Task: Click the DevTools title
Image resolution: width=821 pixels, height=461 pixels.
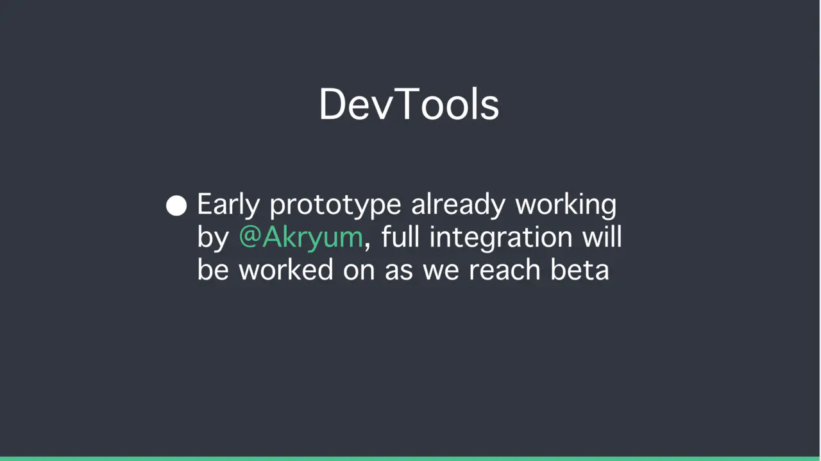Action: click(x=409, y=104)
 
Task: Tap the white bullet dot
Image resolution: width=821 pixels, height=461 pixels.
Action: click(x=176, y=205)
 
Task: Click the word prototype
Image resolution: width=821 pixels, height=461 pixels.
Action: click(x=335, y=206)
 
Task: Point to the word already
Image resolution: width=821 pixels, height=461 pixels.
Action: click(x=458, y=205)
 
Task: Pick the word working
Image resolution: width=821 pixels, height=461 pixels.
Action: click(x=566, y=205)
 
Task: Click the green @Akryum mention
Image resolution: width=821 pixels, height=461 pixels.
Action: click(x=301, y=238)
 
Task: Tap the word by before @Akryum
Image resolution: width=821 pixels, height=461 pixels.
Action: click(x=213, y=238)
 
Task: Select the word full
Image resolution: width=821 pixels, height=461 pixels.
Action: click(x=400, y=237)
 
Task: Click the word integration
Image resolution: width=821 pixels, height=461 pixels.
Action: click(x=501, y=238)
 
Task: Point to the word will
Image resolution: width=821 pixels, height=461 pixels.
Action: click(x=602, y=237)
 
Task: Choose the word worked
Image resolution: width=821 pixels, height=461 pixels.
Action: click(x=286, y=270)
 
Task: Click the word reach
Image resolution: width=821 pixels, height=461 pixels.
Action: click(x=505, y=270)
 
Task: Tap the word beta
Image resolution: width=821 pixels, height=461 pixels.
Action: click(x=580, y=270)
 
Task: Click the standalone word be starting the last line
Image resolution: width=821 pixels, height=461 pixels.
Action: click(x=213, y=270)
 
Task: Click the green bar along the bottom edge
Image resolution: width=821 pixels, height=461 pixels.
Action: click(x=410, y=459)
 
